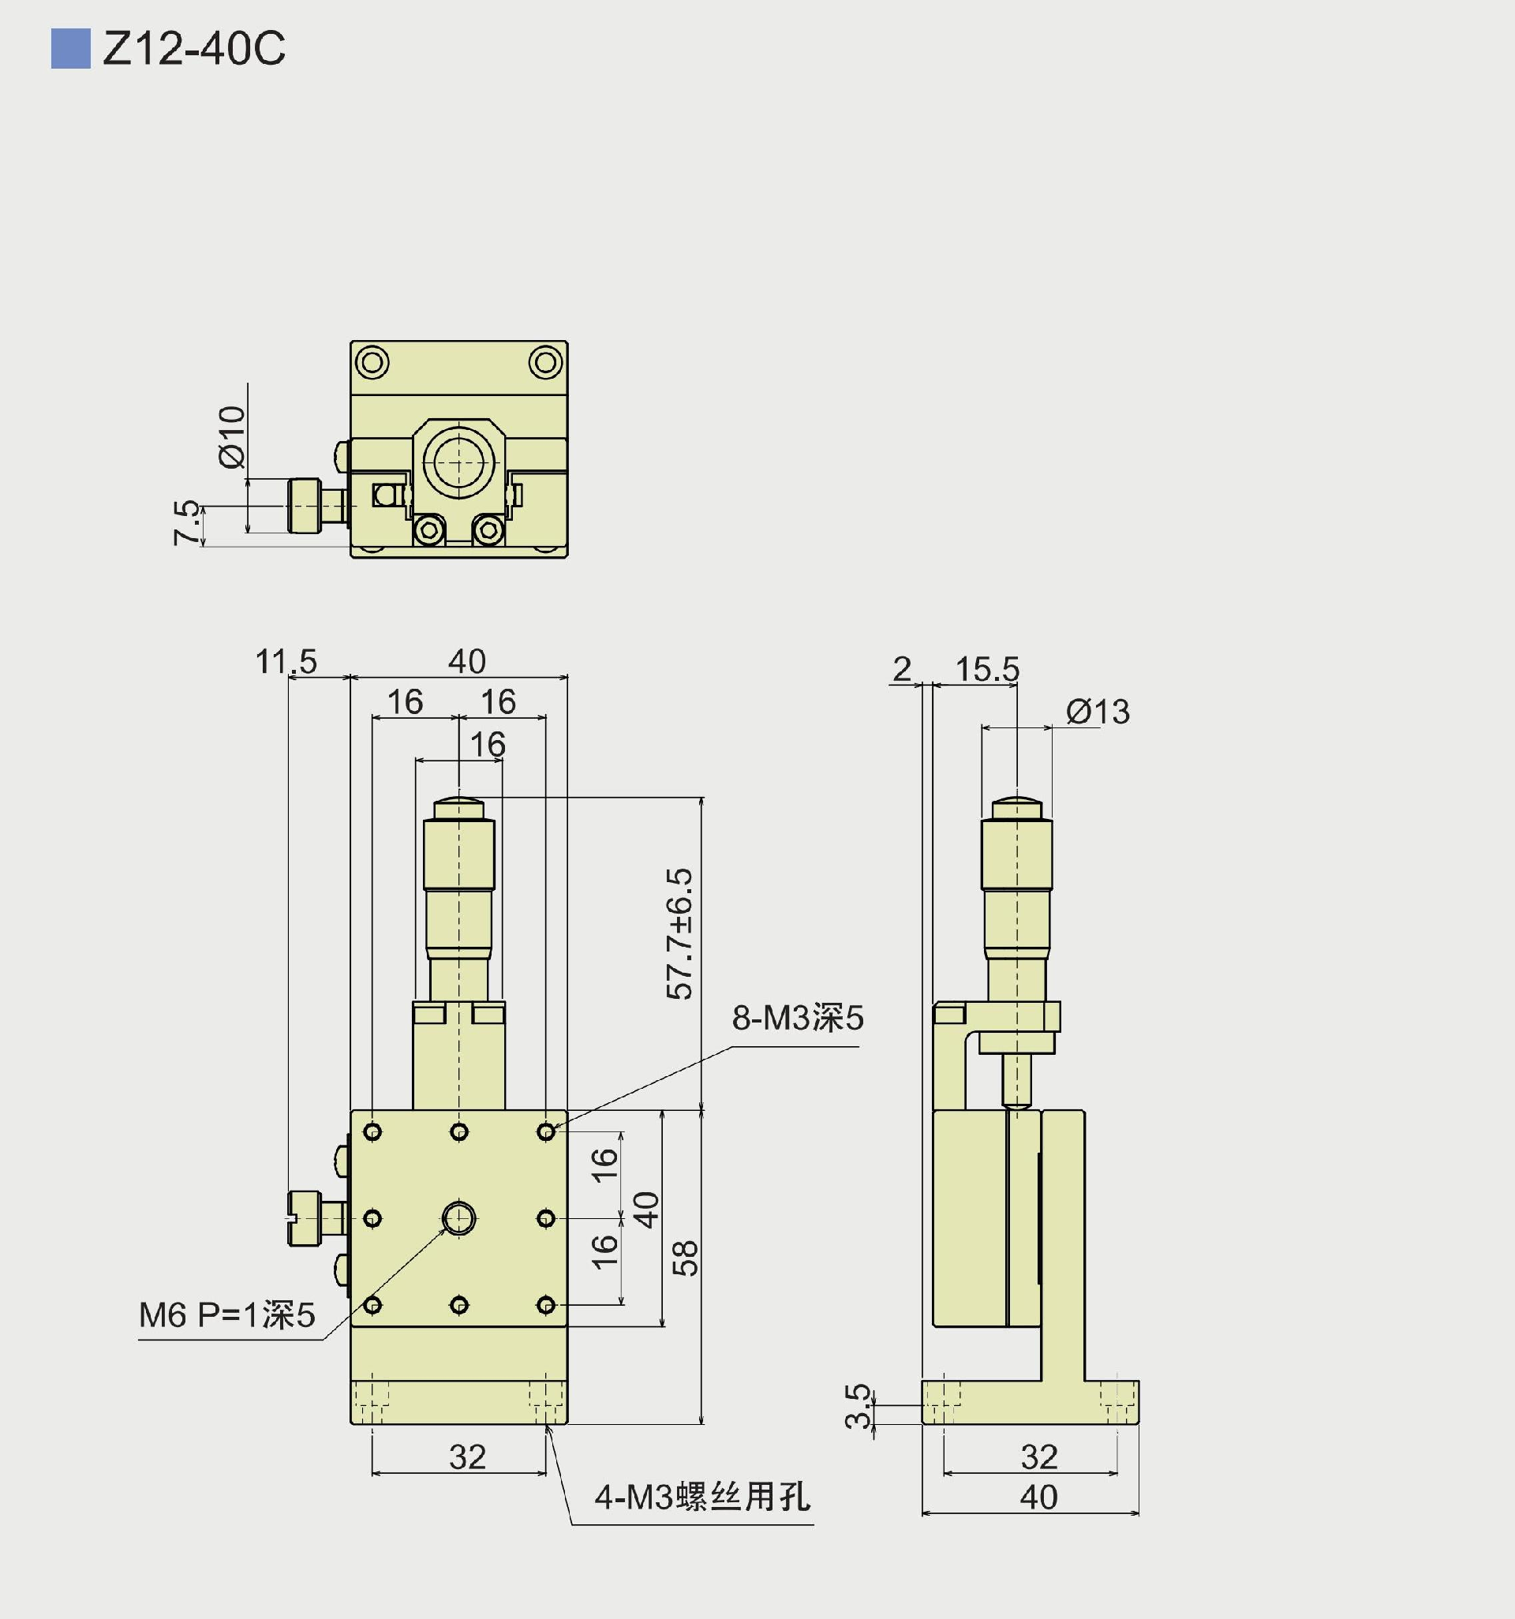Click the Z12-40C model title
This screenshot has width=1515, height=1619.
[194, 49]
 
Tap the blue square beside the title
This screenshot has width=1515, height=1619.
[71, 49]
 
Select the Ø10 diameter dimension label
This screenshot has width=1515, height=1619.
[232, 436]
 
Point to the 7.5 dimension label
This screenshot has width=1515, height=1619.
[186, 522]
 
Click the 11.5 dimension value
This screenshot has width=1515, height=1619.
[286, 661]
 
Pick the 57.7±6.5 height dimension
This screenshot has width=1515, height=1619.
[679, 933]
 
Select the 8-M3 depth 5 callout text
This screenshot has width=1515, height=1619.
[798, 1018]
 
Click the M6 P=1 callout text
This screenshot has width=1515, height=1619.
[226, 1315]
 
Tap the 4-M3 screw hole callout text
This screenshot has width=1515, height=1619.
[702, 1497]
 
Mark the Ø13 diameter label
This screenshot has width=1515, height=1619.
[1097, 712]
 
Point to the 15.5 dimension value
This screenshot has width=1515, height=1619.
[986, 669]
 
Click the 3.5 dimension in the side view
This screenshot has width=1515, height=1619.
[858, 1407]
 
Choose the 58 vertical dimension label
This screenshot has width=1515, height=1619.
[686, 1258]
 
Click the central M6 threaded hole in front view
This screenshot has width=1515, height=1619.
[458, 1218]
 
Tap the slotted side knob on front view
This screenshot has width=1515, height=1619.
[305, 1218]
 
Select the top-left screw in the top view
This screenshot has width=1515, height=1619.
[373, 362]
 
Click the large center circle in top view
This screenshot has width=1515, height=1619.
[458, 462]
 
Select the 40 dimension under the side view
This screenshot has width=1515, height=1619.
[1038, 1497]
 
